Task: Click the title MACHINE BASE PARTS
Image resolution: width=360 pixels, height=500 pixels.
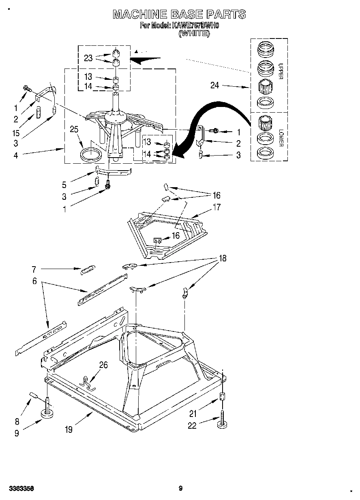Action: tap(179, 15)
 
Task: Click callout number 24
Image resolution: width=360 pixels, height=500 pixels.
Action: tap(215, 85)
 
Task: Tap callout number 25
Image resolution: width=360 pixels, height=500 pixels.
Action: tap(74, 130)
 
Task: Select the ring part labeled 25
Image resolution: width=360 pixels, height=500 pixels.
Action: tap(91, 155)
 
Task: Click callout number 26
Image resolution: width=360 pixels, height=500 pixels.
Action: tap(103, 365)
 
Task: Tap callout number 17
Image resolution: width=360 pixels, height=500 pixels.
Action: tap(217, 207)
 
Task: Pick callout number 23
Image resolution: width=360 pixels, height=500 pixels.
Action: tap(88, 58)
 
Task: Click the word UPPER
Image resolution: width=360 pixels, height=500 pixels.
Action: tap(280, 71)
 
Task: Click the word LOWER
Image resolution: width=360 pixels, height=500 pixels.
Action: tap(280, 139)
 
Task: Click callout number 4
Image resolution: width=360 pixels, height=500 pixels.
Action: tap(16, 155)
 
